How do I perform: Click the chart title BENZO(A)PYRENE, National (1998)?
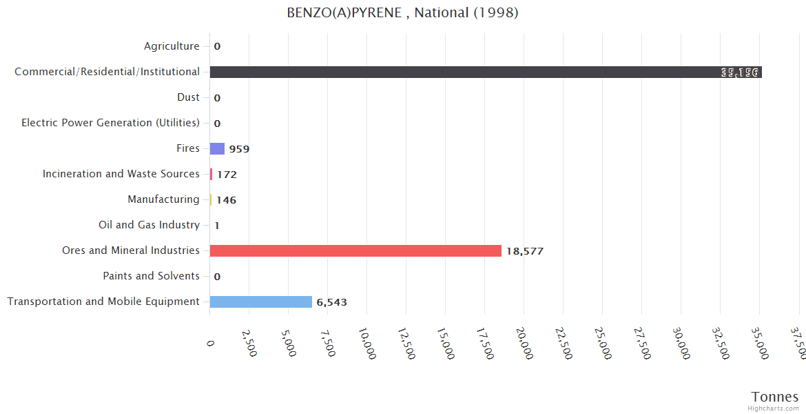(x=402, y=12)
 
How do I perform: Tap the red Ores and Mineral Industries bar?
(x=355, y=250)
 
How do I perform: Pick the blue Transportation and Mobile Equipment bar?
(x=260, y=302)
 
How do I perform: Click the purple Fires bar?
(x=217, y=148)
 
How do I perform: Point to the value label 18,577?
(x=524, y=251)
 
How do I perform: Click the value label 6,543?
(x=331, y=302)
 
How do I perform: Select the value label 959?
(x=239, y=149)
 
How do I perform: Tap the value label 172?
(x=227, y=175)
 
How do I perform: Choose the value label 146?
(x=226, y=200)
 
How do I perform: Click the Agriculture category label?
(x=172, y=46)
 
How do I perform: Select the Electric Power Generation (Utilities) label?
(x=110, y=123)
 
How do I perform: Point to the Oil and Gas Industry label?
(x=149, y=225)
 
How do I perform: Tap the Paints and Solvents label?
(x=151, y=276)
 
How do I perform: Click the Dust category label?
(x=188, y=97)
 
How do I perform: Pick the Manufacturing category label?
(x=163, y=199)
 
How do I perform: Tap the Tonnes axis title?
(x=774, y=397)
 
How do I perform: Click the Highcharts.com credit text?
(x=774, y=408)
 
